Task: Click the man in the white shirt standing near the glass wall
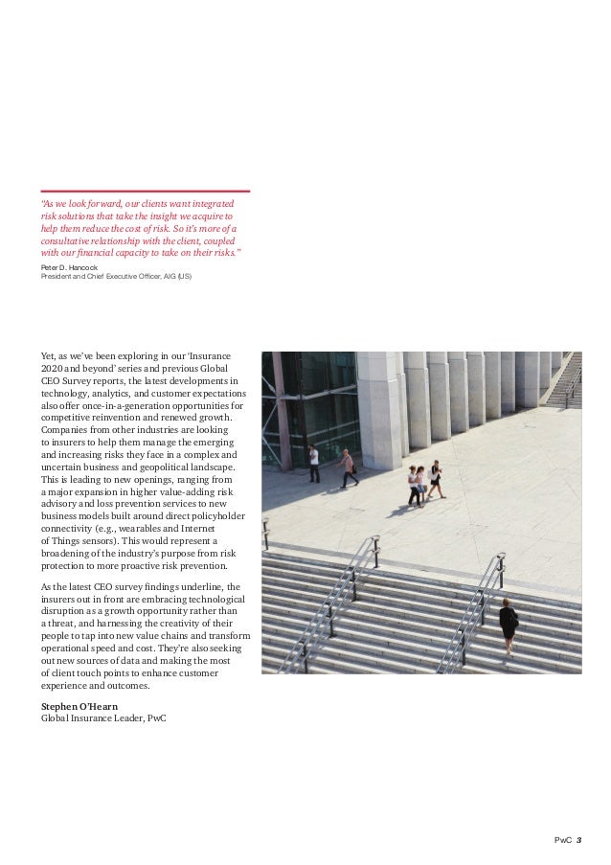tap(314, 463)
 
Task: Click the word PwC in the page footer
tap(563, 840)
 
